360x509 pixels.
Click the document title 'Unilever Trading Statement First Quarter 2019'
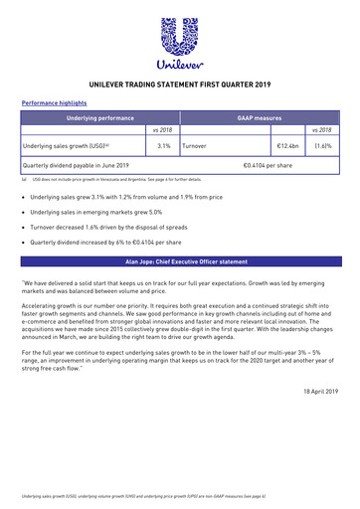pyautogui.click(x=180, y=85)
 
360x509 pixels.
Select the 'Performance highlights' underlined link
pyautogui.click(x=56, y=102)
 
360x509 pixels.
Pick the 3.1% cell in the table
pyautogui.click(x=163, y=145)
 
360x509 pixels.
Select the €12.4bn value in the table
pyautogui.click(x=286, y=145)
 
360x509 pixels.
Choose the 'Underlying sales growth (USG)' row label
pyautogui.click(x=68, y=145)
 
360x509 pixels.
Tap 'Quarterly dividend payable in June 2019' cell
pyautogui.click(x=77, y=165)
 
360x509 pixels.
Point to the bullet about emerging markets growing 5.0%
pyautogui.click(x=97, y=212)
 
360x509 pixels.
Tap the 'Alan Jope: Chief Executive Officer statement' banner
pyautogui.click(x=180, y=260)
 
